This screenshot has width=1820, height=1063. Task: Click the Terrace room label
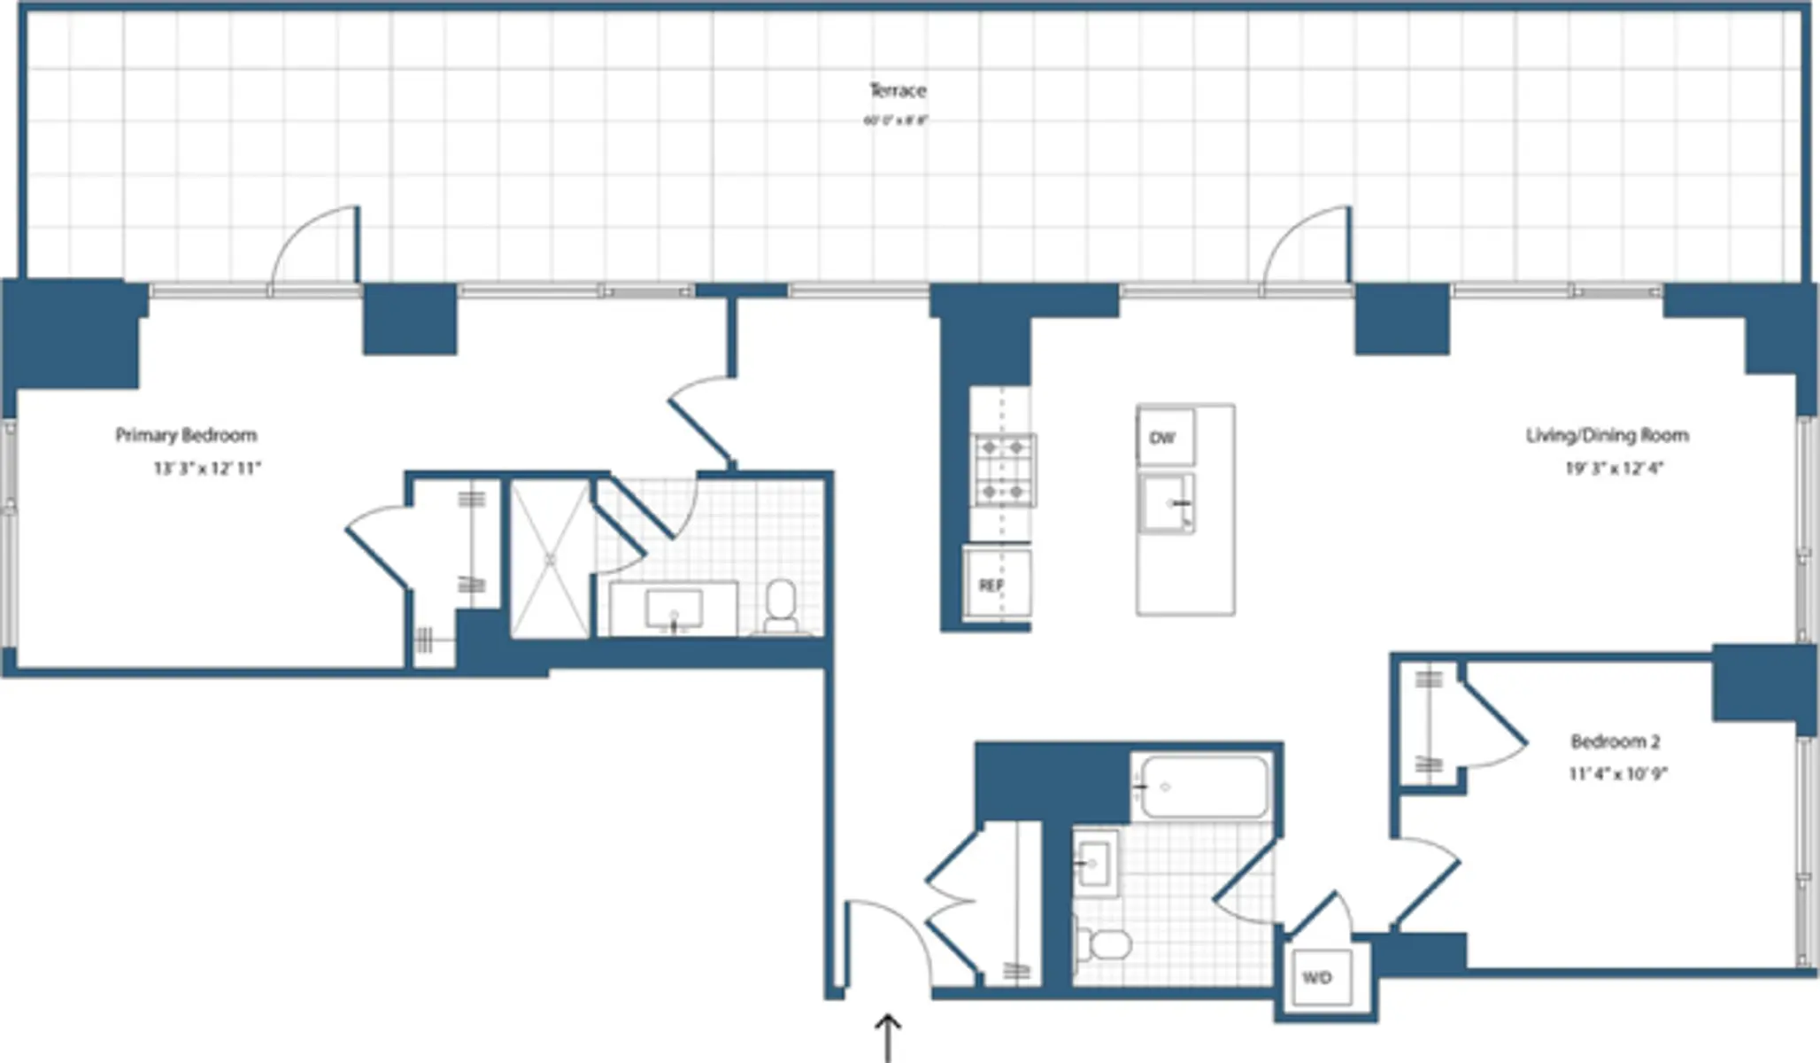click(897, 90)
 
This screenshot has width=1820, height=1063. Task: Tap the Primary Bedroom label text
click(186, 435)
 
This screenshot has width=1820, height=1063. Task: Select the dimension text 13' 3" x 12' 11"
click(207, 469)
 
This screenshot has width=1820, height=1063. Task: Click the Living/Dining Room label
click(1607, 435)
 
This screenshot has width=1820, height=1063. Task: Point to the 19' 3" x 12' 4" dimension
click(1614, 469)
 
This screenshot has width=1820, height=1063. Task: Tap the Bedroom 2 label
click(1615, 741)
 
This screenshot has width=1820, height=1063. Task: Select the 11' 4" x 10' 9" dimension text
click(1617, 774)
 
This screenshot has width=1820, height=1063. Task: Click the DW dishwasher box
click(1164, 437)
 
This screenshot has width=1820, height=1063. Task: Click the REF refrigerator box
click(995, 585)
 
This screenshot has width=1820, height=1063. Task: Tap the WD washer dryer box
click(1318, 978)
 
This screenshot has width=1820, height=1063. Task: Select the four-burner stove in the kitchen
click(1004, 469)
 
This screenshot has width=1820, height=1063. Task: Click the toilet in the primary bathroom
click(781, 607)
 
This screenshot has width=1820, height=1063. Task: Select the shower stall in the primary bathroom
click(550, 560)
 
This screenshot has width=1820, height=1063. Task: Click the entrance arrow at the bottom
click(887, 1036)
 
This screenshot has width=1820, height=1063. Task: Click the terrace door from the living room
click(1307, 248)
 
